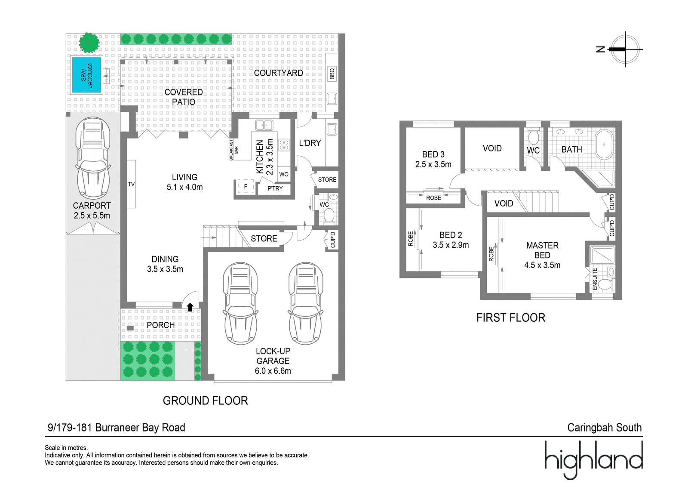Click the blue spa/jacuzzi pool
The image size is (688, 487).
pos(86,75)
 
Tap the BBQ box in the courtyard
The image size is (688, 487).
pos(332,74)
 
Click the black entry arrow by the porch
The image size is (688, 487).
pos(190,307)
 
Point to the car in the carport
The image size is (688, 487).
pos(93,158)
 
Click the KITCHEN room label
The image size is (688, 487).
pos(260,157)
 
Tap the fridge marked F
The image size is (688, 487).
pos(246,187)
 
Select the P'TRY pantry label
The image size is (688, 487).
pos(275,188)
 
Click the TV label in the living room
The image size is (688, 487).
pos(131,185)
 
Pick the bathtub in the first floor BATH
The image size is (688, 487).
pos(604,145)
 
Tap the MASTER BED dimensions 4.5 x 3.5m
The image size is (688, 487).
pos(542,265)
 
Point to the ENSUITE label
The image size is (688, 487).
pos(595,279)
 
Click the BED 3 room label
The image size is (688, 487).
pos(433,154)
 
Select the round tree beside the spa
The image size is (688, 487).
pos(89,43)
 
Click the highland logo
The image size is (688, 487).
pos(594,459)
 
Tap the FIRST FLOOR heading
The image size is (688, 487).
pos(511,317)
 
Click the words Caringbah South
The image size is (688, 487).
pos(605,427)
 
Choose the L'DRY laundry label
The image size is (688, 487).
pos(310,143)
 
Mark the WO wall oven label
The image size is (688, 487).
pos(284,175)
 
